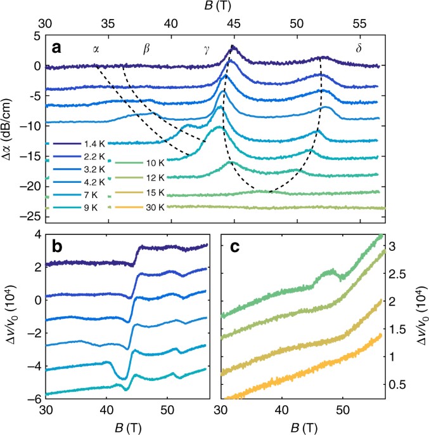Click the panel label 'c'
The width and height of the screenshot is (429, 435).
coord(233,248)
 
